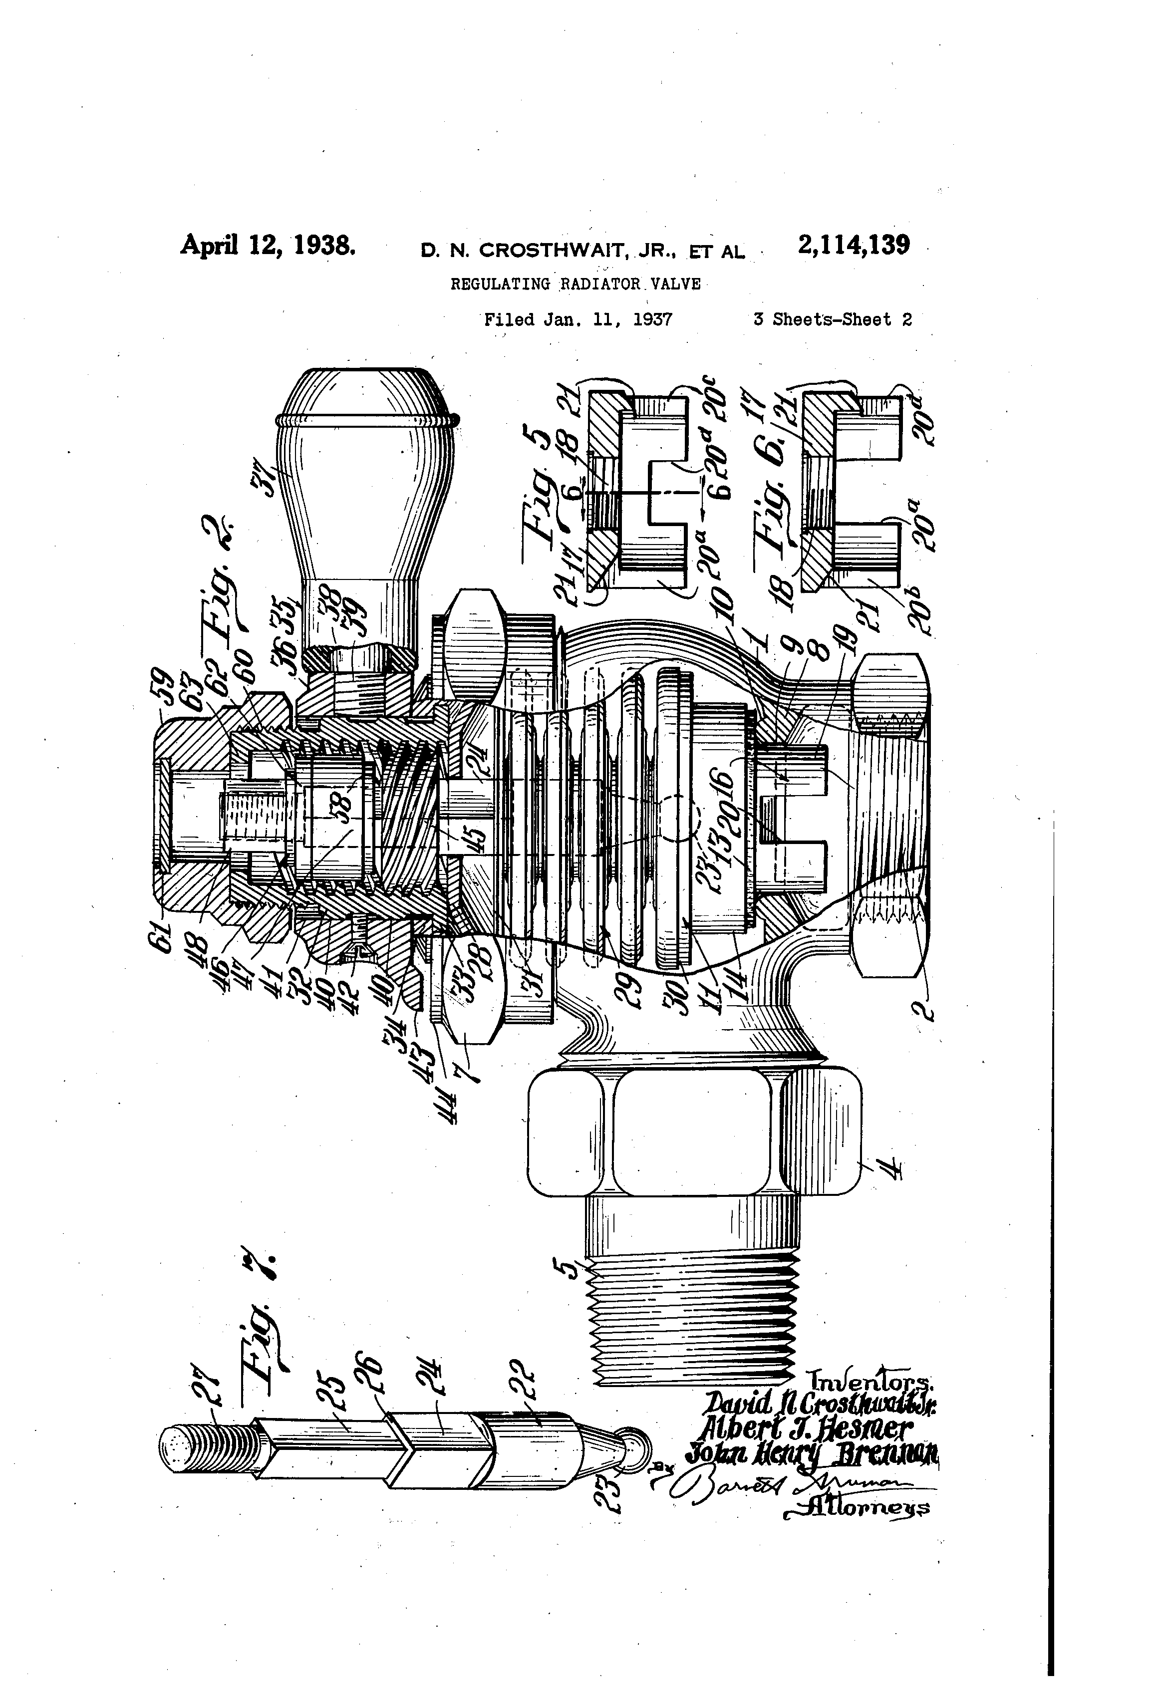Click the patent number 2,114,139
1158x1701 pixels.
tap(854, 245)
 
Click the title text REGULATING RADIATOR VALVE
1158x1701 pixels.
tap(576, 284)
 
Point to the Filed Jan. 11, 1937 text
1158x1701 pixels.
tap(579, 320)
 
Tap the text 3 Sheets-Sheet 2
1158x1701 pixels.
tap(832, 320)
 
